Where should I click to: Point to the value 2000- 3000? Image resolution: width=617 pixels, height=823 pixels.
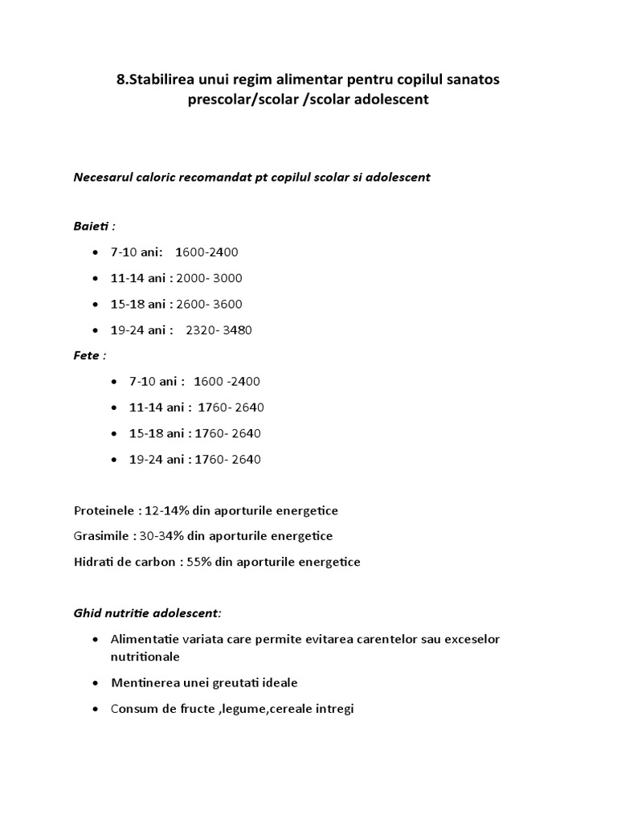[209, 278]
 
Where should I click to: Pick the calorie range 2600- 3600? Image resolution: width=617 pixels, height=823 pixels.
[209, 304]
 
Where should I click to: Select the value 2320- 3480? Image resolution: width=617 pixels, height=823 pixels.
[219, 330]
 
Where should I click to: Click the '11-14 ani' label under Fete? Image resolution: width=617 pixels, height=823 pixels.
[156, 407]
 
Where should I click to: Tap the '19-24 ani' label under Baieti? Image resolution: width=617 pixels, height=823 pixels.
[137, 330]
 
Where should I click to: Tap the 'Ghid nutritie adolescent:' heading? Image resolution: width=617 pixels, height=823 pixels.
[147, 612]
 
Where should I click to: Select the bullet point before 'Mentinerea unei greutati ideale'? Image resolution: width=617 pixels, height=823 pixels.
[96, 683]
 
